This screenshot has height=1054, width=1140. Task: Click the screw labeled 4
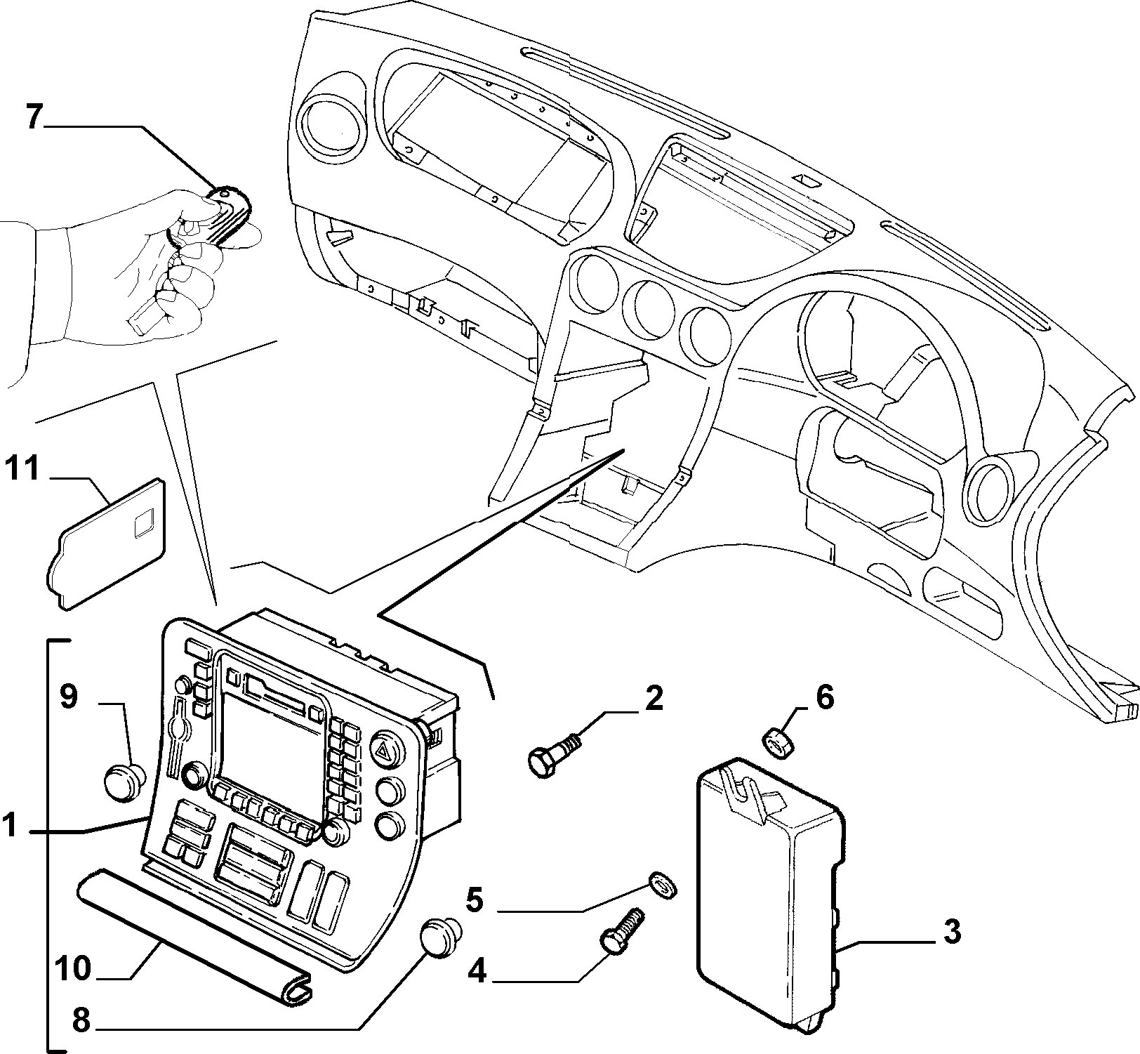point(621,928)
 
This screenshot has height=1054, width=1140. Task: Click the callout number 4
point(477,973)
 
